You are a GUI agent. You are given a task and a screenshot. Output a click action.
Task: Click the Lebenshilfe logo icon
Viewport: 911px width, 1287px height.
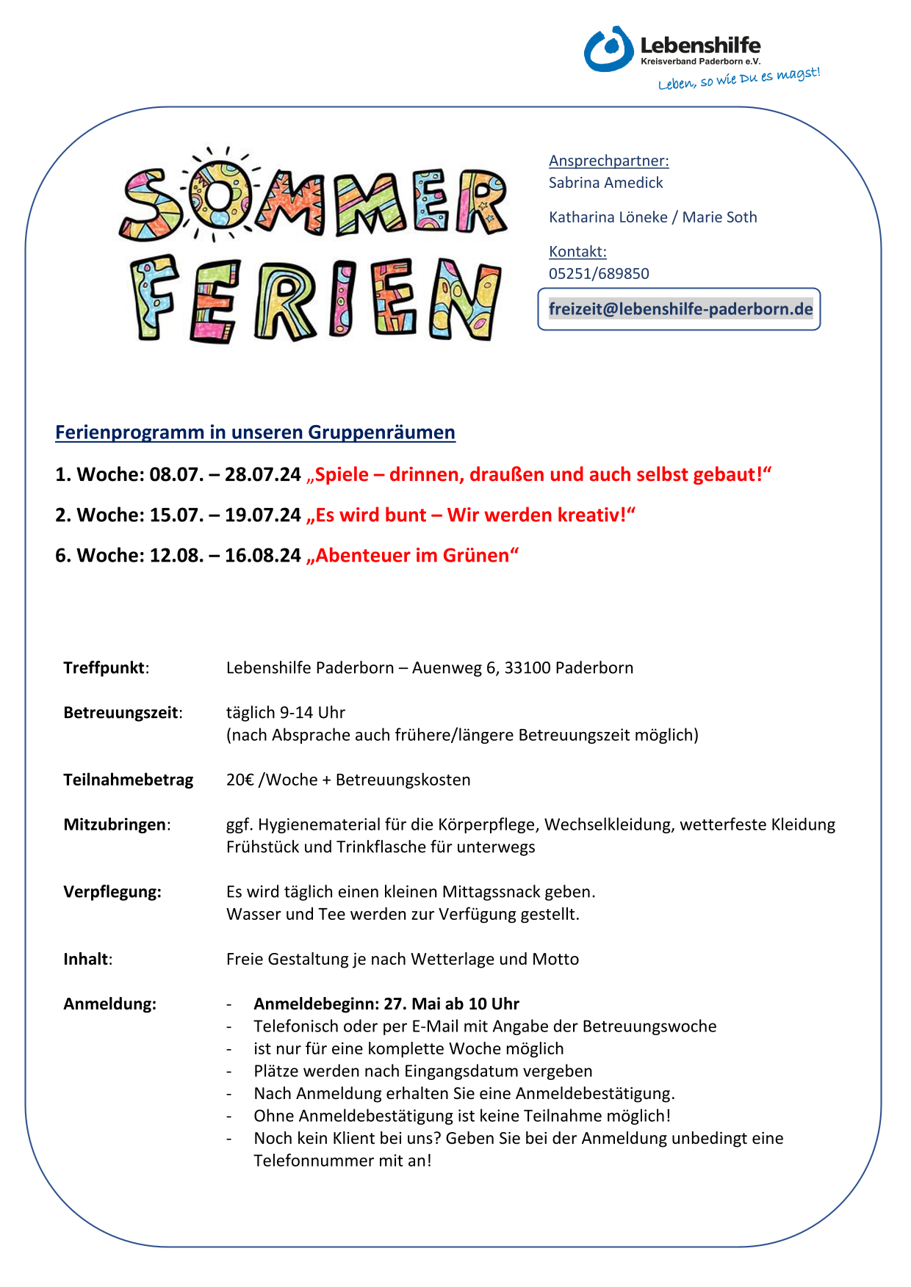click(608, 49)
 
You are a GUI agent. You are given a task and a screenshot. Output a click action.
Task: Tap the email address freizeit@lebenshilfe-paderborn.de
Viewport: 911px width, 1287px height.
click(680, 309)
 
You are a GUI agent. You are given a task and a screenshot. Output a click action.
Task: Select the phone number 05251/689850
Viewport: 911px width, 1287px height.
click(599, 274)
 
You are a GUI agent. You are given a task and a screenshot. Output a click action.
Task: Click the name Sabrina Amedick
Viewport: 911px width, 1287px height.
click(605, 183)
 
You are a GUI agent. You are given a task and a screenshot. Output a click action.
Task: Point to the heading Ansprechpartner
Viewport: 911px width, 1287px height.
click(608, 161)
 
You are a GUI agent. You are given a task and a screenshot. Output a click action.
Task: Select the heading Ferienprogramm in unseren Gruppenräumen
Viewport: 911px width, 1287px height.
click(255, 432)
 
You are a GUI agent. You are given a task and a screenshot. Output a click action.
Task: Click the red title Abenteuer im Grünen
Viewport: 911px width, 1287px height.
click(413, 555)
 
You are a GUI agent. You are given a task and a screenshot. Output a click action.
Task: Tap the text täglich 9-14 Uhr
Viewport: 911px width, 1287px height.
click(285, 713)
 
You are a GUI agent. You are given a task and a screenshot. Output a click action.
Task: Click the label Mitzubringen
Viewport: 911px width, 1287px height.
click(116, 824)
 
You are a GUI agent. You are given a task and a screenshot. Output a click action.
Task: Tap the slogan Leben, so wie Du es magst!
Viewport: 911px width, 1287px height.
click(738, 78)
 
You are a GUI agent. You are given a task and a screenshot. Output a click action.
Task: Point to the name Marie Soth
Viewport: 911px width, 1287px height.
click(719, 217)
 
